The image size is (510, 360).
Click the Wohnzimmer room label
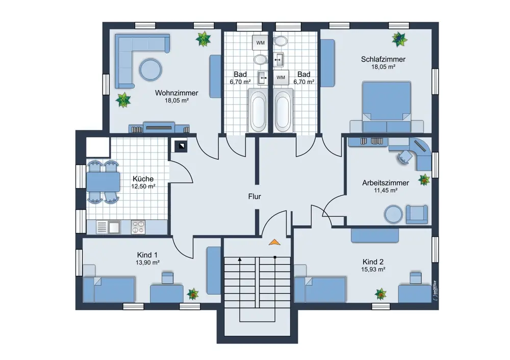tap(176, 93)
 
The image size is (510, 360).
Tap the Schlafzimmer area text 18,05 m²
tap(384, 67)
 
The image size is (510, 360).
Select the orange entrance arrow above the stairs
tap(274, 242)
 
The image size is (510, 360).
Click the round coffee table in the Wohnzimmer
tap(150, 69)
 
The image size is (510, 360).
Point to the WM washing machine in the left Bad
tap(260, 43)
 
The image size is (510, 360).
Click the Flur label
tap(254, 196)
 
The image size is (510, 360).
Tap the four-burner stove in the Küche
tap(138, 227)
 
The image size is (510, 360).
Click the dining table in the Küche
tap(103, 182)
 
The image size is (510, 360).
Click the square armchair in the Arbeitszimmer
tap(416, 214)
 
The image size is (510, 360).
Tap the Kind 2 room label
tap(373, 262)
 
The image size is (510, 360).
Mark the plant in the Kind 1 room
tap(193, 294)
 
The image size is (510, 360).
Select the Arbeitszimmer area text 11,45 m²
tap(386, 191)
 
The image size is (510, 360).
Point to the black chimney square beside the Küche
tap(181, 146)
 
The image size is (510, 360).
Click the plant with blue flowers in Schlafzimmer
tap(399, 39)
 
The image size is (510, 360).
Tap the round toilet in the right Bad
tap(280, 41)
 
